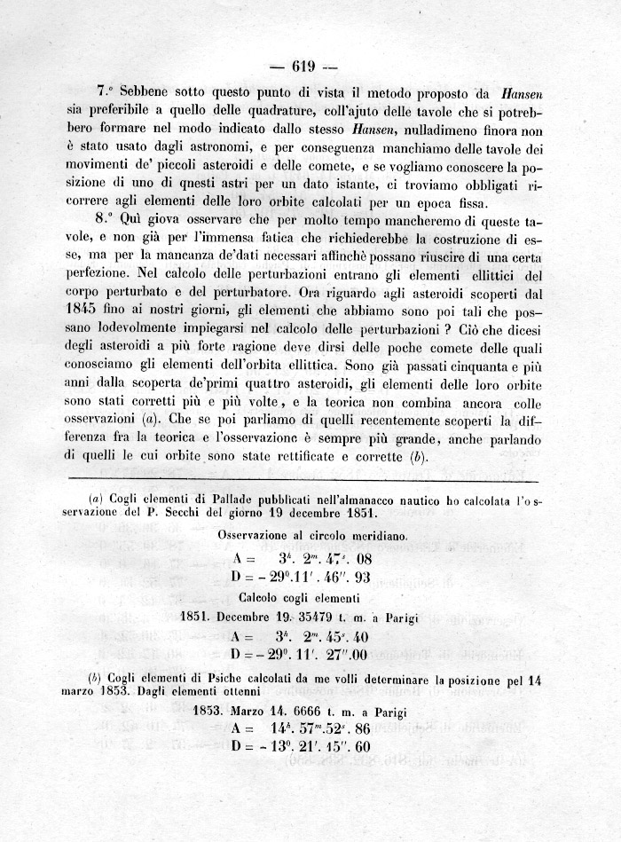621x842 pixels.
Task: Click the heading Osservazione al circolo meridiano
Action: (x=312, y=537)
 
